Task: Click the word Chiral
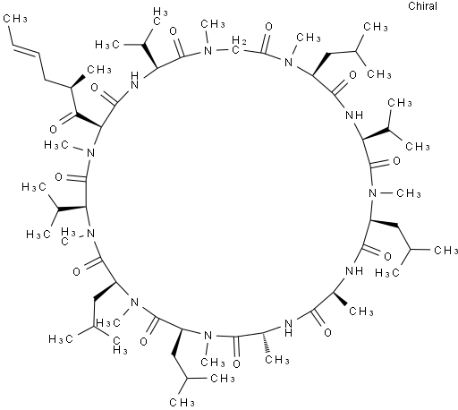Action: [422, 6]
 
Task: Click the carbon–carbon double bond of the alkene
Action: [26, 50]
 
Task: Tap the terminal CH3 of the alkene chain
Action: [15, 19]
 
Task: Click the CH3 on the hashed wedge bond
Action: [277, 360]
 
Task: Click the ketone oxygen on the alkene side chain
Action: [53, 129]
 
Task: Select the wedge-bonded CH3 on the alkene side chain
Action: [98, 70]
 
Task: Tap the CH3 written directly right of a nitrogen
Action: [409, 193]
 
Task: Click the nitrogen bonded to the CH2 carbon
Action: [208, 51]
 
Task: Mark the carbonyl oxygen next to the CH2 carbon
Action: [268, 27]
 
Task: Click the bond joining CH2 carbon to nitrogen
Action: [224, 50]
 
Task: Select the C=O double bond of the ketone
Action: [67, 118]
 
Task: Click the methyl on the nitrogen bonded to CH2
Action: [213, 24]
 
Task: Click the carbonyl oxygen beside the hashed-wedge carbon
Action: [237, 363]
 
